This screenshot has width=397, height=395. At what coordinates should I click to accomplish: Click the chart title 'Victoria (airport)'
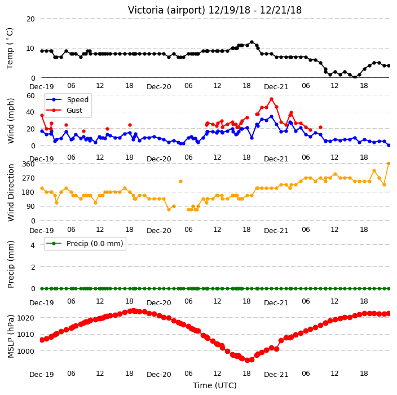point(166,10)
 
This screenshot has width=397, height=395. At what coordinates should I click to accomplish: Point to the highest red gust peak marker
point(271,99)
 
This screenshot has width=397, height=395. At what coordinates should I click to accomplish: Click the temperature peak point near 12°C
point(252,42)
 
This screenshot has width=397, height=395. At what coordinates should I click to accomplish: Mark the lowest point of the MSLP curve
point(247,360)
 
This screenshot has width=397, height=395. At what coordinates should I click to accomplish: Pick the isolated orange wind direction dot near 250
point(180,181)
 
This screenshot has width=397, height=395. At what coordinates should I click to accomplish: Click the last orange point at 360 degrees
point(389,164)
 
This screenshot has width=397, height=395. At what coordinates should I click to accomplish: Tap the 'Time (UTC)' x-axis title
point(215,385)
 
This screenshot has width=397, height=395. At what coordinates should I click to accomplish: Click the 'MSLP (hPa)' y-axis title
point(11,336)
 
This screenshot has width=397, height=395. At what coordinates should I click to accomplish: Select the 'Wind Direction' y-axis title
point(11,192)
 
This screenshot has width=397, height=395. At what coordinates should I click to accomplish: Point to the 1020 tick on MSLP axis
point(26,318)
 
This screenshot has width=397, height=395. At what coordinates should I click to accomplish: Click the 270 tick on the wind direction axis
point(29,178)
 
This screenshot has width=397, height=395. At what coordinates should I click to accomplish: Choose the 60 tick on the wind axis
point(30,95)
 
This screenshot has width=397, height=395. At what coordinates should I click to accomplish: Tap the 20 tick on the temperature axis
point(30,19)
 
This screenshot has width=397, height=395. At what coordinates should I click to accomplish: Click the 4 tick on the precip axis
point(33,245)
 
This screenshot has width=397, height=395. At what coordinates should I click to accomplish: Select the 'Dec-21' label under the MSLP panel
point(276,375)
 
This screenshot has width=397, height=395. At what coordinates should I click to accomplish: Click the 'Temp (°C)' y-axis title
point(10,49)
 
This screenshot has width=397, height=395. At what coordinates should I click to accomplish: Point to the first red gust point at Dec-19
point(42,115)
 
